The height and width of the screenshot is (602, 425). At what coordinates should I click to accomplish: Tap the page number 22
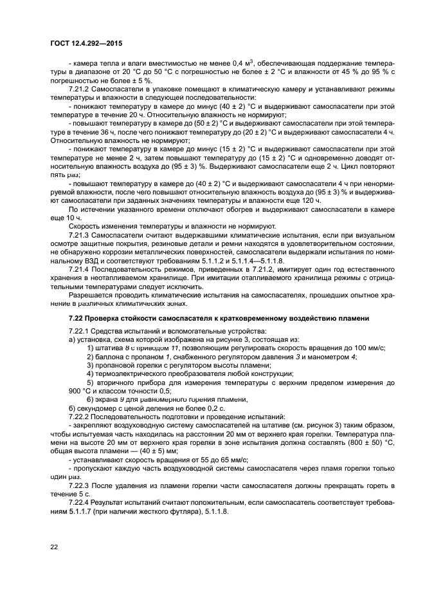(x=55, y=546)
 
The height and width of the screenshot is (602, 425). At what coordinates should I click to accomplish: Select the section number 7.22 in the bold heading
(x=77, y=318)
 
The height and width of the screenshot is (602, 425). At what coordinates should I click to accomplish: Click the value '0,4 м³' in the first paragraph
(x=241, y=62)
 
